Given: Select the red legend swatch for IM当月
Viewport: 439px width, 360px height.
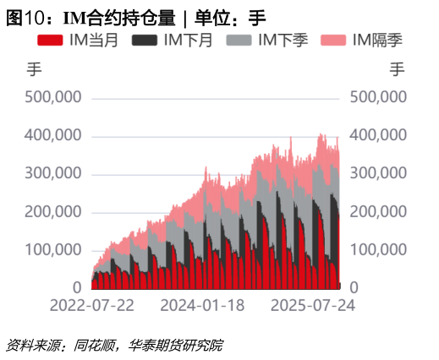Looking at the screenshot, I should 54,40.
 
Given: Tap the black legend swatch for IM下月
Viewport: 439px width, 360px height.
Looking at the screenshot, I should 147,40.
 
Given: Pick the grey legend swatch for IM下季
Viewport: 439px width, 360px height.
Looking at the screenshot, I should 242,40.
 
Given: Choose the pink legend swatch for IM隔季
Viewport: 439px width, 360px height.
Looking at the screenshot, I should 337,40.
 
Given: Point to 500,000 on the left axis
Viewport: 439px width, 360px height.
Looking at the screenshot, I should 53,97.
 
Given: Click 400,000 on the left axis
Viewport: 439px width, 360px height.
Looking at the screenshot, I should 53,135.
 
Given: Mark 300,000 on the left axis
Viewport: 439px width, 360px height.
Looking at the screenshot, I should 53,173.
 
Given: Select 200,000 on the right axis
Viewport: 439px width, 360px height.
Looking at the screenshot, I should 379,212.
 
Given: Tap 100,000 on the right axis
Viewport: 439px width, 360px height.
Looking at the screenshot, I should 379,250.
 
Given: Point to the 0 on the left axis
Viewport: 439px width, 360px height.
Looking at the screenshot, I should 76,288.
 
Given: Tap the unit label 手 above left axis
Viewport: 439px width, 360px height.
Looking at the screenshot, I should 35,70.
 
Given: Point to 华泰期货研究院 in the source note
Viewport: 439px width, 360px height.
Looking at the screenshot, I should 176,345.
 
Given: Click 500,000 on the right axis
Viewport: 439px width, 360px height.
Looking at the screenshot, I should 379,97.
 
